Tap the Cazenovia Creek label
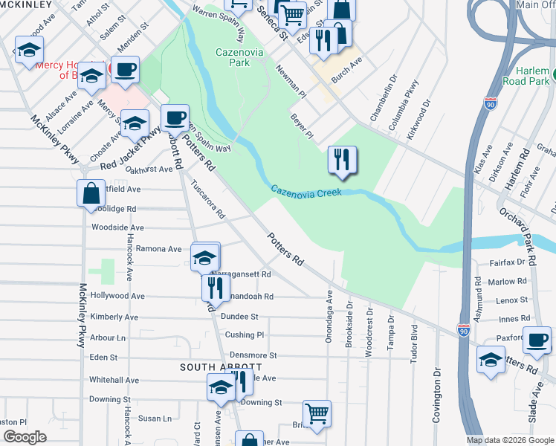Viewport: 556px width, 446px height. point(306,191)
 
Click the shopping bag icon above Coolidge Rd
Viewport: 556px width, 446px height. point(90,193)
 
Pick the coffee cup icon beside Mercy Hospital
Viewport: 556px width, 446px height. point(124,70)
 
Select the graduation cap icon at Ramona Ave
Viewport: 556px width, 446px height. point(205,256)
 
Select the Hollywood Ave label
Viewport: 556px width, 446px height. point(117,296)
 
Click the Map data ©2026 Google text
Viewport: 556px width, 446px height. point(510,440)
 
